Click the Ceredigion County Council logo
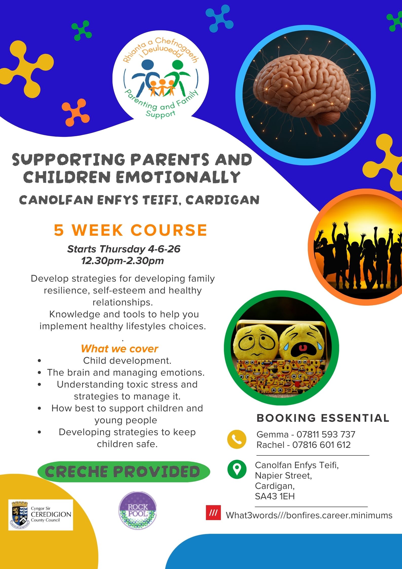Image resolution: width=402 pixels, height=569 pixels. (41, 515)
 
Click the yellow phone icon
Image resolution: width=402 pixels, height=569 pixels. (237, 439)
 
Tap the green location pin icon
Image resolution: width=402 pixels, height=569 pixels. (237, 469)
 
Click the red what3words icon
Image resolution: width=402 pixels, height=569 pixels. (213, 513)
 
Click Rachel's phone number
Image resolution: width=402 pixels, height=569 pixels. (321, 445)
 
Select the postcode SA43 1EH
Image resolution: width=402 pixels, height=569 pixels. (275, 496)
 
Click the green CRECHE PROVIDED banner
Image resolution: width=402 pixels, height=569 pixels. (124, 471)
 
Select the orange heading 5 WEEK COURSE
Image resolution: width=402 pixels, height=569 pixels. (130, 230)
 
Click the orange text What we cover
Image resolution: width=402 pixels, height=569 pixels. (120, 349)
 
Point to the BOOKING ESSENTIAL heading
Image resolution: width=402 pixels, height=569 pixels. (323, 418)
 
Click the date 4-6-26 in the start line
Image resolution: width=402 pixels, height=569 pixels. (164, 249)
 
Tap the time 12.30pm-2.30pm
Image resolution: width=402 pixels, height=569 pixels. (123, 261)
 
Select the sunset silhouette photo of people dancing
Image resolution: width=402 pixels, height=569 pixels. (355, 247)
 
